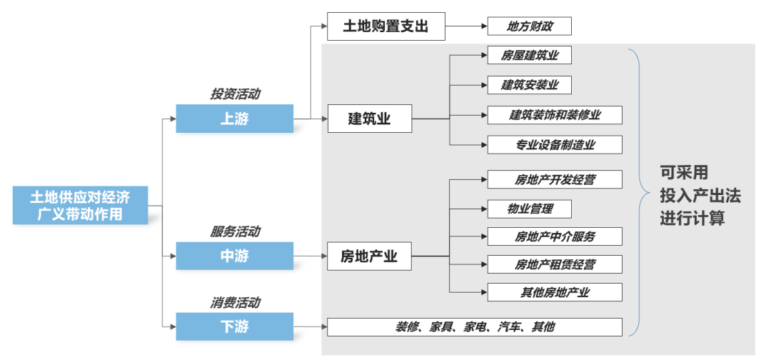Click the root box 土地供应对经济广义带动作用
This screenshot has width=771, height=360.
79,205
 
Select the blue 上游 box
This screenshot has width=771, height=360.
234,119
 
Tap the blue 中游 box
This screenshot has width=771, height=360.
234,256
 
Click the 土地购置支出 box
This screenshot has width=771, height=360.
385,26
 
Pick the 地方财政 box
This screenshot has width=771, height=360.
530,27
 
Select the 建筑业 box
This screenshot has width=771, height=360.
370,119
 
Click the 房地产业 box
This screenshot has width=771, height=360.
370,256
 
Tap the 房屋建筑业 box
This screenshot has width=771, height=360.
530,55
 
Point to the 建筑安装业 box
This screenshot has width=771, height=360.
530,85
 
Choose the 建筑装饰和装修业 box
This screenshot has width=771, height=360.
555,115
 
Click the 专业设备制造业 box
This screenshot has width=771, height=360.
555,145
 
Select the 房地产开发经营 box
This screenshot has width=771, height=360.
555,179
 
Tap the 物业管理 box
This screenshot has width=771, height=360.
530,209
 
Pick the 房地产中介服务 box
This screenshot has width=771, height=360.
555,236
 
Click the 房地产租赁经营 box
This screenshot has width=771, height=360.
555,264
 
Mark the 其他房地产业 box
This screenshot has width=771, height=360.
555,292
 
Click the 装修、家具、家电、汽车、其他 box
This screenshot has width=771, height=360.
475,327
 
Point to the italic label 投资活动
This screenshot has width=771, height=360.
235,94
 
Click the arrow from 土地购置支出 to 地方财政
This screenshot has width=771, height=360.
465,27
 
